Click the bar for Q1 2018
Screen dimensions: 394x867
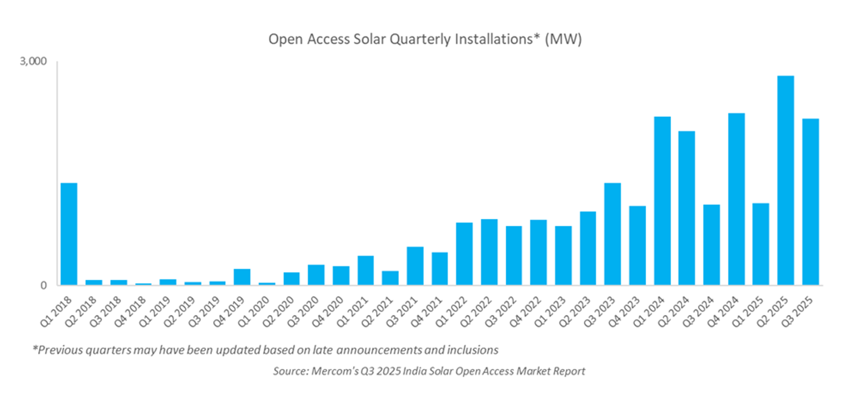click(69, 234)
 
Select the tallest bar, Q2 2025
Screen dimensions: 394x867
click(786, 180)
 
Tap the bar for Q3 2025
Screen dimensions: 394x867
click(810, 202)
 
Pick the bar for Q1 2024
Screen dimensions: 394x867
click(662, 200)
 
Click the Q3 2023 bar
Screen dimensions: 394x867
click(612, 234)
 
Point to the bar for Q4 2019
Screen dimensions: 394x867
click(242, 277)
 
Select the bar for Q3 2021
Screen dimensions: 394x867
click(415, 265)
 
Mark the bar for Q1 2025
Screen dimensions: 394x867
click(760, 244)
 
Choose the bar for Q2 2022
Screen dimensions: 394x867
click(489, 251)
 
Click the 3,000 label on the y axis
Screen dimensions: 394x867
click(33, 61)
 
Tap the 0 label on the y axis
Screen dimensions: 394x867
click(43, 285)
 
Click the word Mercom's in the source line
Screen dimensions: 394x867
click(335, 371)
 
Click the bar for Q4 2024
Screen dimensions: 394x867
click(736, 199)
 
